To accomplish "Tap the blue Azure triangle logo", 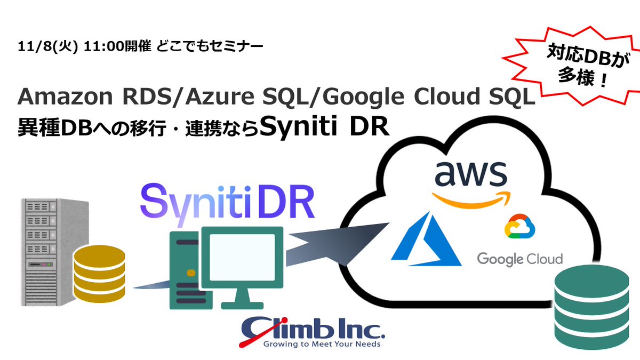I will (426, 239).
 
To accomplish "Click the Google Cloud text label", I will (519, 259).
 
